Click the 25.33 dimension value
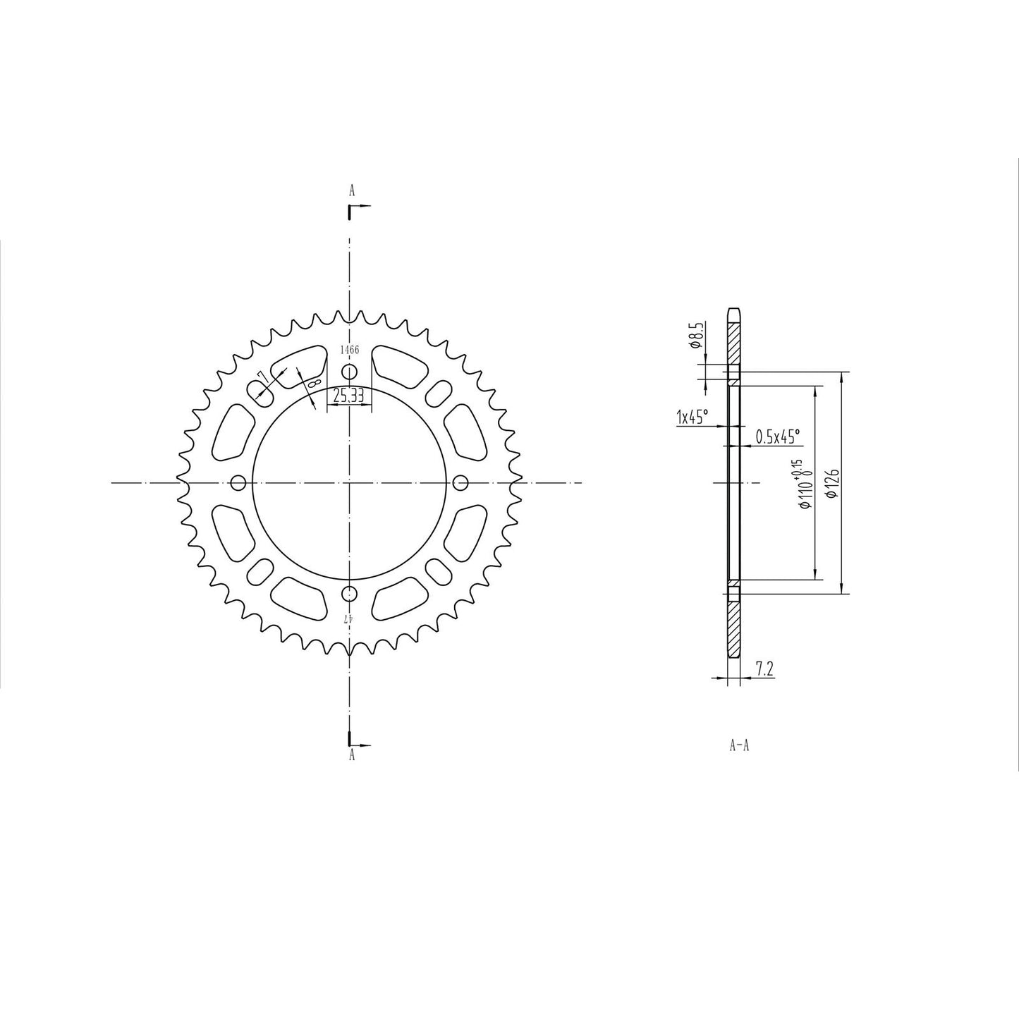tap(348, 397)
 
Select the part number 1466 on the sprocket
tap(350, 350)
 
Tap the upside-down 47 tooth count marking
tap(348, 618)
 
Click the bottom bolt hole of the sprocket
tap(349, 592)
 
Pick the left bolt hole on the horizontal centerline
tap(238, 482)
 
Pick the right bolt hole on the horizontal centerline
tap(460, 482)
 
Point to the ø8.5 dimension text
tap(694, 336)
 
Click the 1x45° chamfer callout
tap(691, 417)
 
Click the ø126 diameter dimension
tap(831, 483)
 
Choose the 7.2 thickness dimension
tap(764, 669)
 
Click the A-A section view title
tap(738, 745)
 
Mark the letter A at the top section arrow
tap(351, 190)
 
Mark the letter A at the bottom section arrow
tap(351, 755)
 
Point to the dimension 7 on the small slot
tap(261, 375)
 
